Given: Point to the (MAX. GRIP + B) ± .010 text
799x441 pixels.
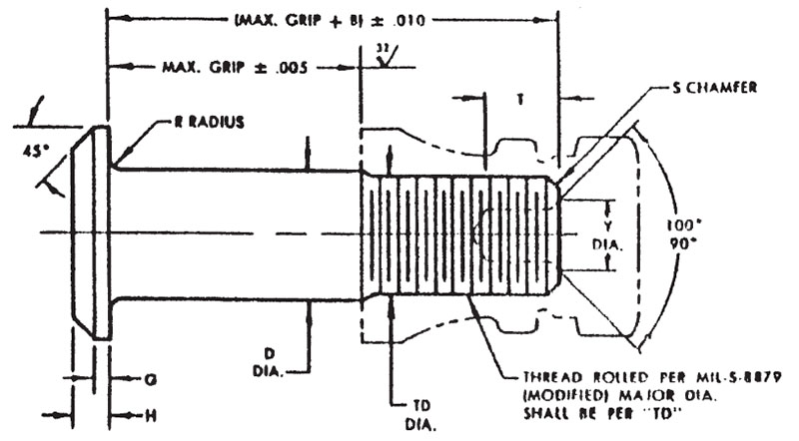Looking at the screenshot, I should tap(335, 20).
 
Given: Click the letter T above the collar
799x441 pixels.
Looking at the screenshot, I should tap(520, 100).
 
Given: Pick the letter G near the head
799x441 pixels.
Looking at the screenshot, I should tap(150, 379).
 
